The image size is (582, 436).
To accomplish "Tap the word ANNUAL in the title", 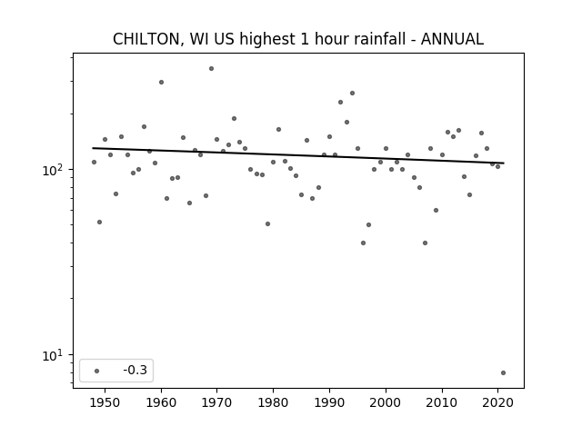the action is pyautogui.click(x=452, y=39).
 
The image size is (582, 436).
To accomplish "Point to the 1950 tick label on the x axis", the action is pyautogui.click(x=105, y=402).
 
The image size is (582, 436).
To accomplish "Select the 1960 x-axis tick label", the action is pyautogui.click(x=161, y=402).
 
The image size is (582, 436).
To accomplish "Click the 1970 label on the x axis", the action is pyautogui.click(x=216, y=402).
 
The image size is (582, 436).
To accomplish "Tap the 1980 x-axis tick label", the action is pyautogui.click(x=273, y=402).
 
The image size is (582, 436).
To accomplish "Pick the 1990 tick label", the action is pyautogui.click(x=329, y=402).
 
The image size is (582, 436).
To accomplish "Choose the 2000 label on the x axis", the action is pyautogui.click(x=386, y=402).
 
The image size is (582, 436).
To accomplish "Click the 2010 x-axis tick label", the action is pyautogui.click(x=442, y=402).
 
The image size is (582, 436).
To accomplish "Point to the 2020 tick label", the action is pyautogui.click(x=497, y=402).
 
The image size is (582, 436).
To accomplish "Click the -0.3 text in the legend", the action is pyautogui.click(x=135, y=370).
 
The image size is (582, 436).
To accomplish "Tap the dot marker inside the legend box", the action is pyautogui.click(x=97, y=371).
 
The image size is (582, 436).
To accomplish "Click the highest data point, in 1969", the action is pyautogui.click(x=211, y=69).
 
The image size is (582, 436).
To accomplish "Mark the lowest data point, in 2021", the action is pyautogui.click(x=503, y=373).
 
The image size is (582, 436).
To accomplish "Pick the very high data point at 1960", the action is pyautogui.click(x=161, y=83).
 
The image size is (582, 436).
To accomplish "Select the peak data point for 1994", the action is pyautogui.click(x=352, y=93).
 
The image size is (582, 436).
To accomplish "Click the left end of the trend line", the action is pyautogui.click(x=93, y=148).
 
